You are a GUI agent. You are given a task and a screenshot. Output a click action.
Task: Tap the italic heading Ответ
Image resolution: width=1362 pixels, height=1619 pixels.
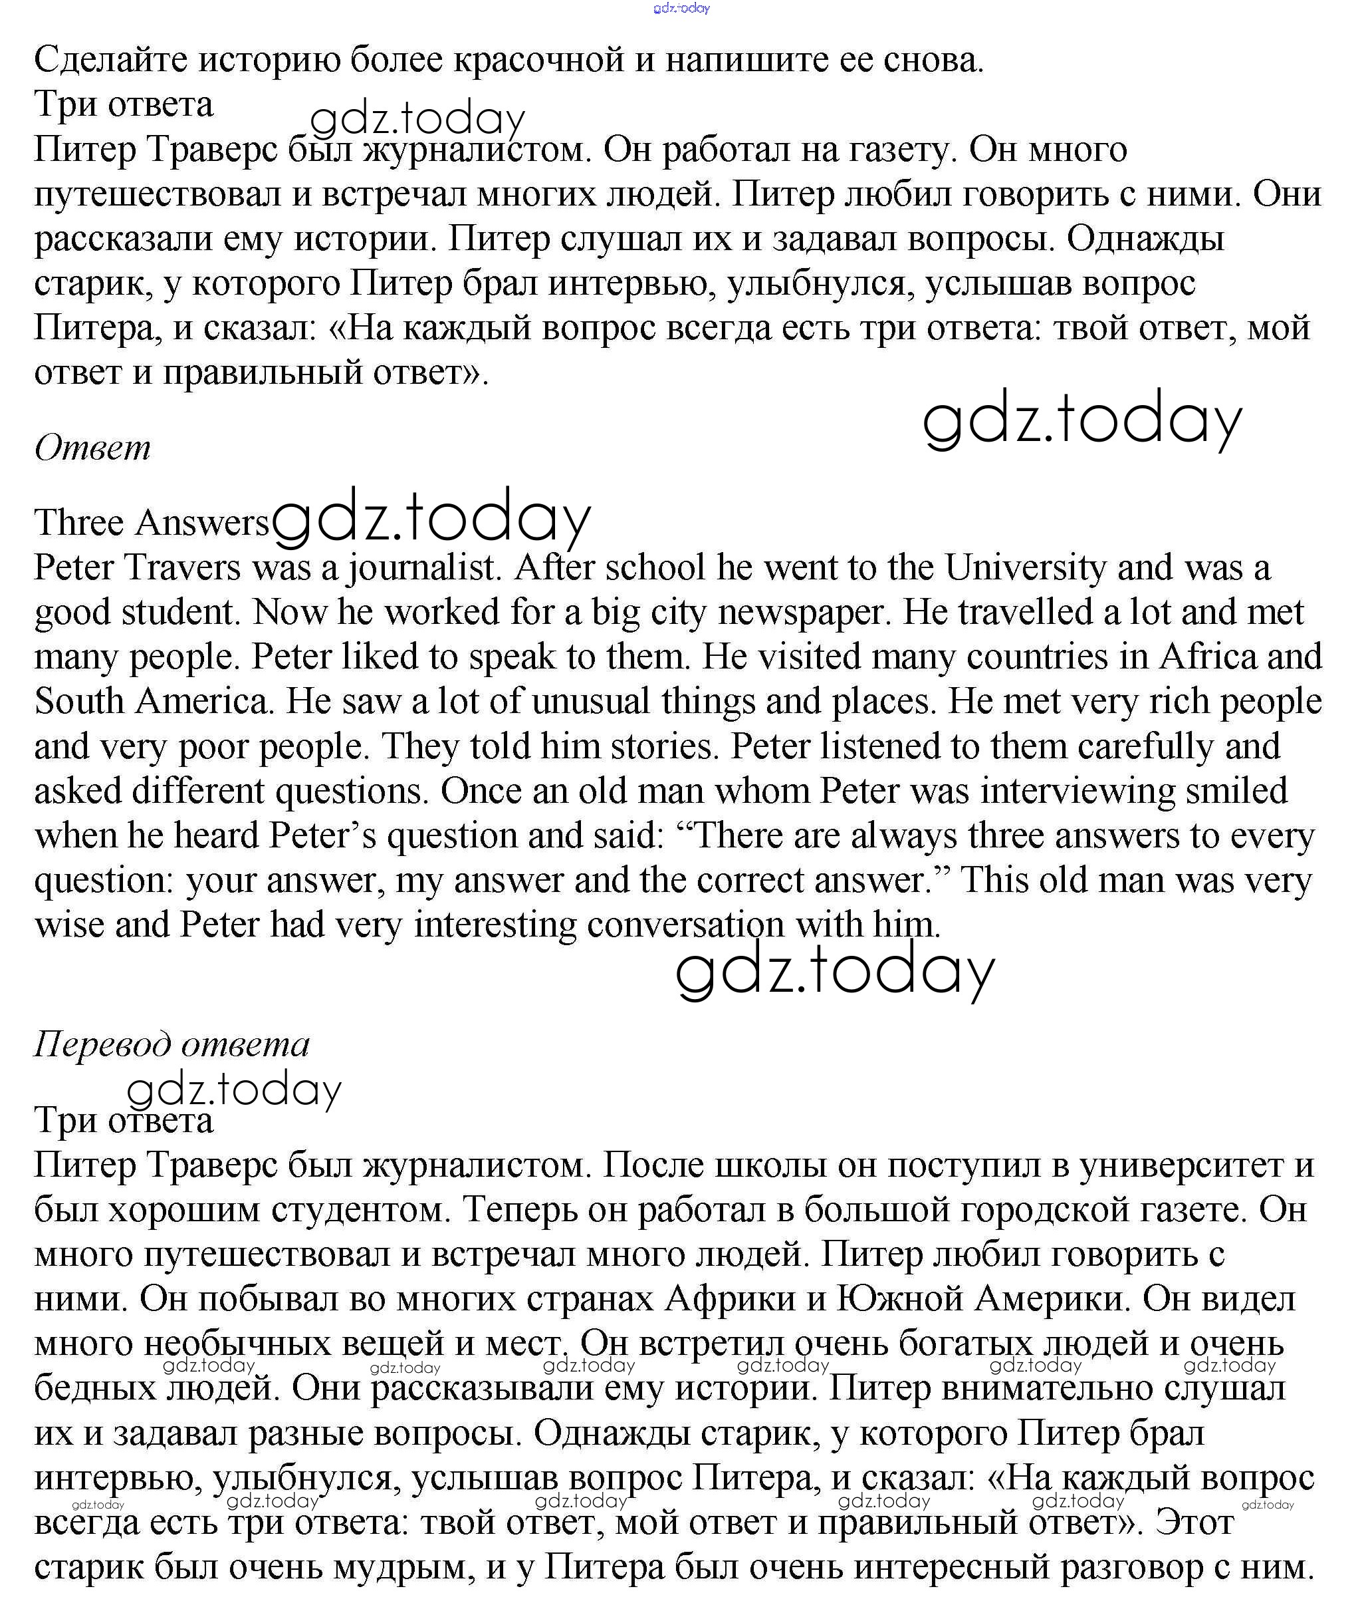(92, 448)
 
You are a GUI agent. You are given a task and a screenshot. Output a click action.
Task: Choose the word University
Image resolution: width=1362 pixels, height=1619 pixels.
(1026, 568)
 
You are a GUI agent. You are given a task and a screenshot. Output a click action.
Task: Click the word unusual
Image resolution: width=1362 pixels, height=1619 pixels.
(594, 701)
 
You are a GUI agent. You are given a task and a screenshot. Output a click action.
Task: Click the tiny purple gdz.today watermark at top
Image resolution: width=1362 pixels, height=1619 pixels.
(681, 9)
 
